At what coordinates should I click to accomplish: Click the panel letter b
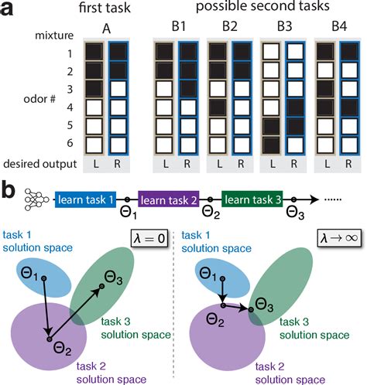pyautogui.click(x=9, y=188)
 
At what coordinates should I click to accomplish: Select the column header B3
pyautogui.click(x=281, y=29)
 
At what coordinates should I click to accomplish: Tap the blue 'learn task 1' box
pyautogui.click(x=85, y=201)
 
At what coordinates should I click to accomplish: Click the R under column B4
pyautogui.click(x=349, y=165)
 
